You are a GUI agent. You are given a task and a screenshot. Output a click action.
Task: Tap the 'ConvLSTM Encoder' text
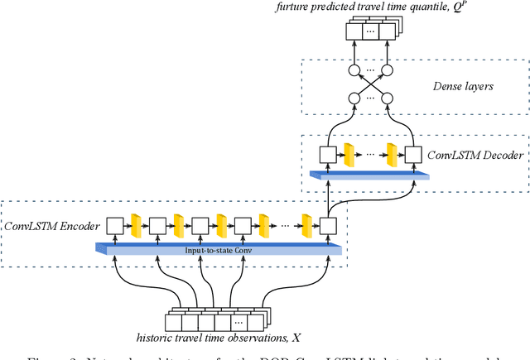(x=52, y=225)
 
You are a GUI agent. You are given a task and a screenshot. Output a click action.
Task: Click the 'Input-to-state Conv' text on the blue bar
(x=218, y=247)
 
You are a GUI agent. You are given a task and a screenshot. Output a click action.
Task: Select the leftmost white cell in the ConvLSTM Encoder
(x=113, y=224)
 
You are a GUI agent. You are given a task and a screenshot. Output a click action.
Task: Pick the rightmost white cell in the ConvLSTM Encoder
(x=329, y=224)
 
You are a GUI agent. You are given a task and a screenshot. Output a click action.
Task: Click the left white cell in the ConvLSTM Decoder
(x=329, y=154)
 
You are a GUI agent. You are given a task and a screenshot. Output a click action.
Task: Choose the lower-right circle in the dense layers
(x=389, y=98)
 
